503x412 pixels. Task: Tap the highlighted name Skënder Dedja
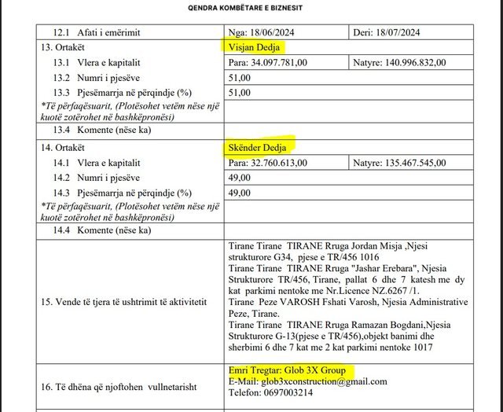[x=259, y=148]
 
